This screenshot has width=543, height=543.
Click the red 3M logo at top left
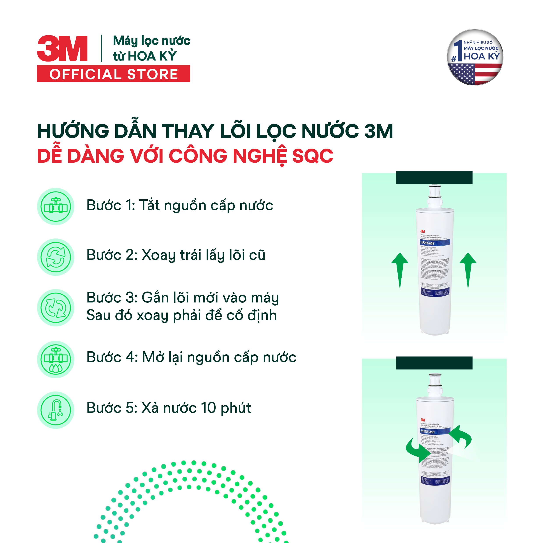pyautogui.click(x=62, y=48)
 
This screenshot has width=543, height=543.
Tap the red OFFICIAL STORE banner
pyautogui.click(x=114, y=74)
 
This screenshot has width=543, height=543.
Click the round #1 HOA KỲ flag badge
pyautogui.click(x=475, y=57)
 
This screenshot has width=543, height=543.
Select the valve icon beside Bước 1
pyautogui.click(x=56, y=207)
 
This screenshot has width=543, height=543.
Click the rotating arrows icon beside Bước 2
pyautogui.click(x=56, y=257)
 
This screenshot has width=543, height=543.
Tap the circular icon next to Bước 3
pyautogui.click(x=56, y=308)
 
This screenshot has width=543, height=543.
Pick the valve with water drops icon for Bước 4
pyautogui.click(x=56, y=359)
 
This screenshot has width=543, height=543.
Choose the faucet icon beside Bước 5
pyautogui.click(x=56, y=410)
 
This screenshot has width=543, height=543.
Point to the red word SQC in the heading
pyautogui.click(x=312, y=156)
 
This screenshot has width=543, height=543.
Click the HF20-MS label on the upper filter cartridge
pyautogui.click(x=427, y=243)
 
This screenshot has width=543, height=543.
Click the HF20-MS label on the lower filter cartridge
pyautogui.click(x=427, y=431)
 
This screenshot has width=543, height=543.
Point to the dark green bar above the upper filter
pyautogui.click(x=434, y=177)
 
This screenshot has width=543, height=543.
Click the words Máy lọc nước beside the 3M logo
pyautogui.click(x=151, y=41)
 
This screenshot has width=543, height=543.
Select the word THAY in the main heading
pyautogui.click(x=188, y=131)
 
